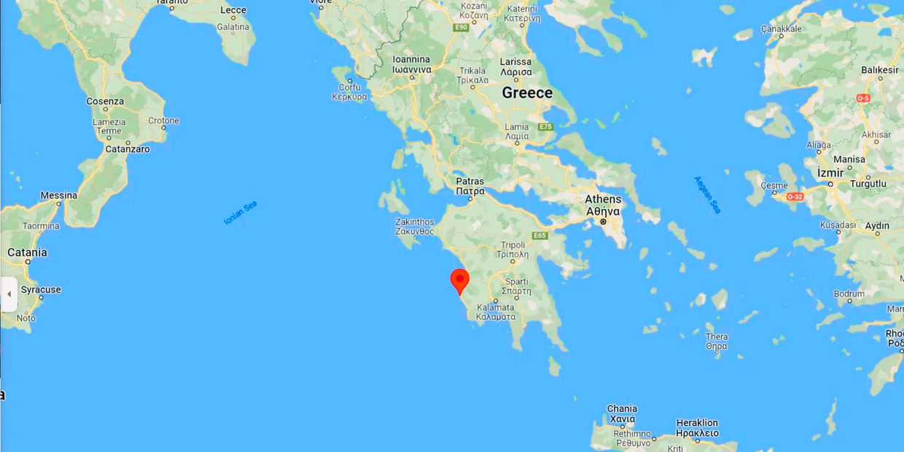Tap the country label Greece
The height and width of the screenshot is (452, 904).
point(527,93)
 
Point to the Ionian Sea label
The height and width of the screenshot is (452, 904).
point(241,212)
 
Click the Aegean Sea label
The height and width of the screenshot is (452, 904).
point(706,195)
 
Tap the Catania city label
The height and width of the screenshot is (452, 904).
point(27,252)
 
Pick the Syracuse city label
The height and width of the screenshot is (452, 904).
point(41,289)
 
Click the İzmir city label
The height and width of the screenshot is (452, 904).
point(830,173)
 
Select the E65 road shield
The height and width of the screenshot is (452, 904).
point(539,235)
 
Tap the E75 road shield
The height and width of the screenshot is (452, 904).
point(545,127)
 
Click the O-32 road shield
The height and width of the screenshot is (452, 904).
point(794,197)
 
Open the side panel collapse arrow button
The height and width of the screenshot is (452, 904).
point(9,294)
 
